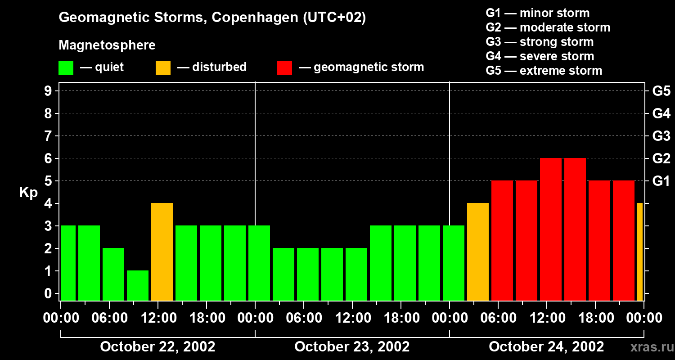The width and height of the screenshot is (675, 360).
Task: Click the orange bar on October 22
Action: click(x=162, y=252)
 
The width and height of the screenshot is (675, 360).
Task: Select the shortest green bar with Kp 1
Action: click(x=138, y=285)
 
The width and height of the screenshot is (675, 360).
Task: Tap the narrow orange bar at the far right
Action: click(x=640, y=252)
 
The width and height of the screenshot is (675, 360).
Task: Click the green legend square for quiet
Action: click(x=66, y=67)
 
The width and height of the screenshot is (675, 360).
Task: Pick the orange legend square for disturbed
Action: click(x=163, y=67)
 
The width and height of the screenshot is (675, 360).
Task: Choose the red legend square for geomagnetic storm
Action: click(x=285, y=67)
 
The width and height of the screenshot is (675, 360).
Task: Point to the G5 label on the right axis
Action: click(x=661, y=91)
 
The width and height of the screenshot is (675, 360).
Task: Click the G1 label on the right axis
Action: click(x=661, y=181)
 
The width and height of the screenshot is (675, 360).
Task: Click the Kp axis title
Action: click(x=28, y=193)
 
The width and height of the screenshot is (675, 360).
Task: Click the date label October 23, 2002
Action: click(x=352, y=347)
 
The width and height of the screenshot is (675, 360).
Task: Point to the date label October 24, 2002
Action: click(x=546, y=347)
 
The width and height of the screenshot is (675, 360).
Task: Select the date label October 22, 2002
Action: click(x=157, y=347)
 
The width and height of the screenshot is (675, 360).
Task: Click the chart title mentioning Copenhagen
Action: click(x=212, y=18)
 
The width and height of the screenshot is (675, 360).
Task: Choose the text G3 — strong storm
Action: click(x=540, y=42)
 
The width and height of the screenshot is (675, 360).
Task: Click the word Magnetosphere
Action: click(x=107, y=45)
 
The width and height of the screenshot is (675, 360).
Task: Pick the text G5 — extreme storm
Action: click(x=544, y=71)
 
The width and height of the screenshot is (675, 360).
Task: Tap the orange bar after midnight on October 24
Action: click(x=478, y=252)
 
